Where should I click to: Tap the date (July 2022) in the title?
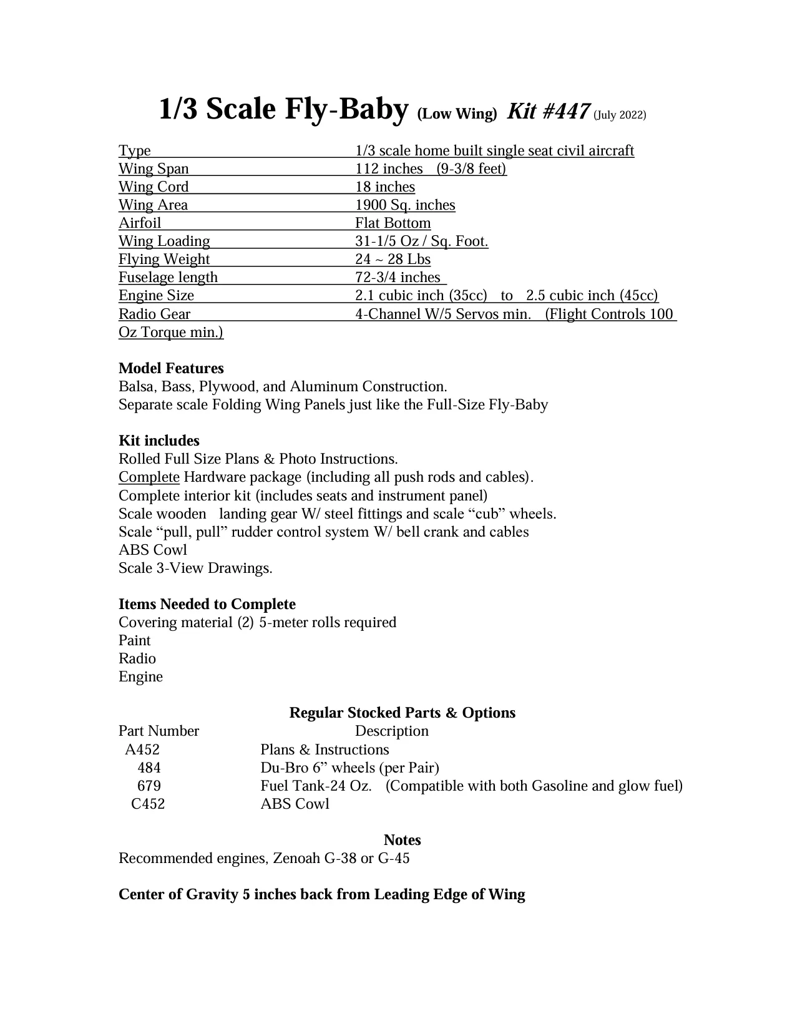click(x=620, y=115)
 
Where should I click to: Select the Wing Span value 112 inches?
click(x=389, y=169)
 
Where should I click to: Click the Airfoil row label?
click(x=140, y=223)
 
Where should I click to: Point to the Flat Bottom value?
click(x=393, y=223)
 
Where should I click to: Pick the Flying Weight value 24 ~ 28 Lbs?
click(x=393, y=260)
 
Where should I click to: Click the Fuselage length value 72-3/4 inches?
click(x=398, y=278)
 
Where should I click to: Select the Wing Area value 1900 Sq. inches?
click(x=405, y=205)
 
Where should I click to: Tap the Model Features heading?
click(x=171, y=369)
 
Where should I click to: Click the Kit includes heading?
click(x=159, y=441)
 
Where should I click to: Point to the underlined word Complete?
click(x=149, y=477)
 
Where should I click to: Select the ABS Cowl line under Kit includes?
click(x=153, y=550)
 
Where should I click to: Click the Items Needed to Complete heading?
click(x=207, y=605)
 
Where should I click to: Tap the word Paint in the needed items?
click(x=135, y=641)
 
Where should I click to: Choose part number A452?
click(x=142, y=750)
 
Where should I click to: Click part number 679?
click(x=149, y=786)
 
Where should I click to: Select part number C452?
click(x=148, y=804)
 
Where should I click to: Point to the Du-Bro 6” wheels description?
click(x=349, y=768)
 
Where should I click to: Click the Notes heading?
click(x=402, y=841)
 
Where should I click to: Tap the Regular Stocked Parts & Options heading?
click(x=402, y=713)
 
